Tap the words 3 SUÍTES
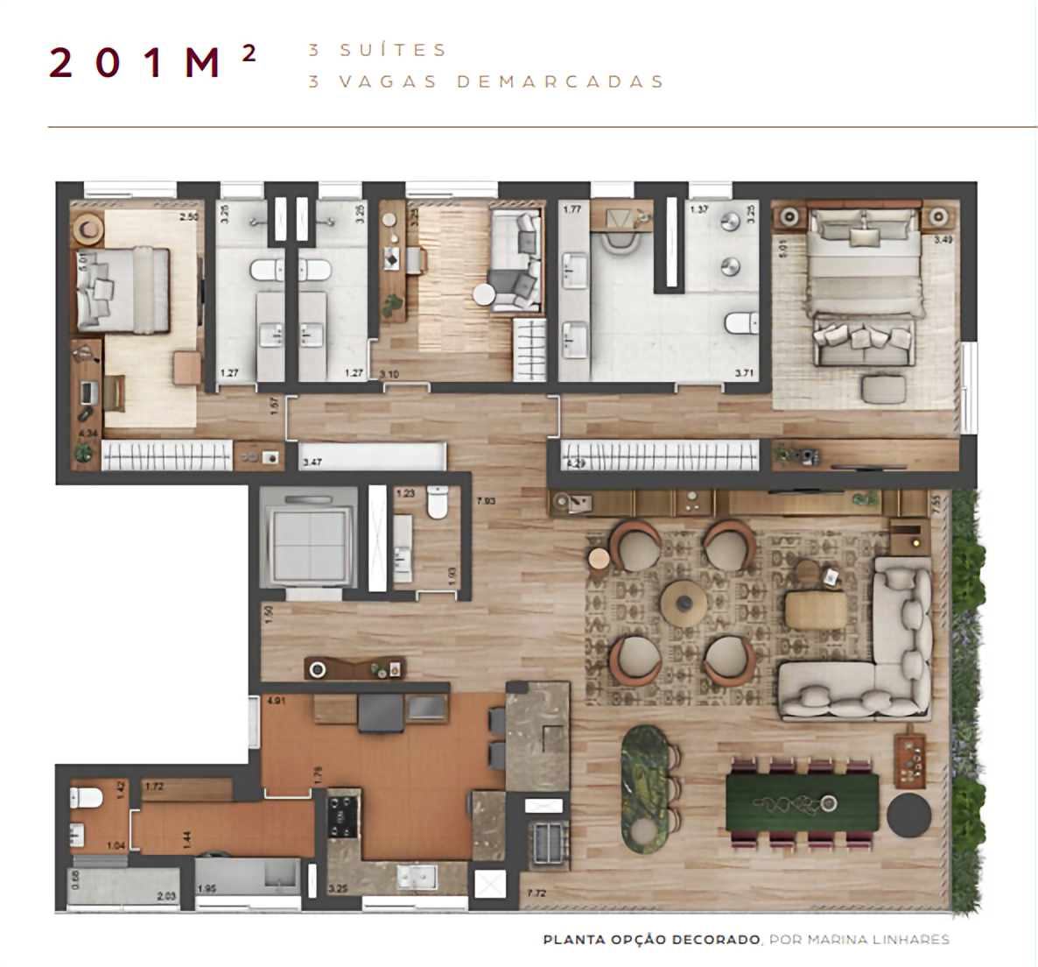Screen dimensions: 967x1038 377,50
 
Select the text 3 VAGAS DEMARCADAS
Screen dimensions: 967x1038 487,81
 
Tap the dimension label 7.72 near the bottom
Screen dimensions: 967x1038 537,893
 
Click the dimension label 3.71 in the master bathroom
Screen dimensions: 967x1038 744,374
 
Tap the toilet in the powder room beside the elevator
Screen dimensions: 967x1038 436,504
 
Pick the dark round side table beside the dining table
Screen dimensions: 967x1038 909,815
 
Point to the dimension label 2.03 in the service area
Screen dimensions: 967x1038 167,895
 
